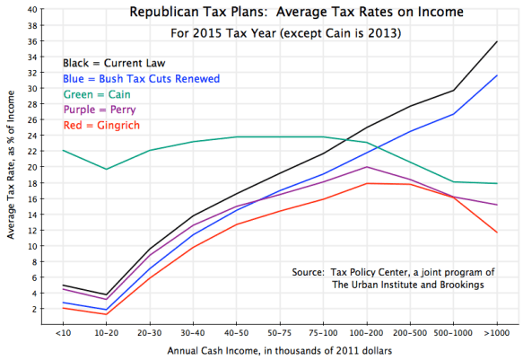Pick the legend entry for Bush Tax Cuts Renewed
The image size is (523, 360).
(x=141, y=77)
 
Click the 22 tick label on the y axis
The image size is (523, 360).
(x=32, y=151)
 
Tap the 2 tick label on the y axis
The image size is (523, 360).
(x=34, y=308)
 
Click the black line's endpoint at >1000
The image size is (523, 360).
(x=497, y=42)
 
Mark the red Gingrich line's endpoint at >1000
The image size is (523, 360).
(x=497, y=233)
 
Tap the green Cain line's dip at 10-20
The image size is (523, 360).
(x=107, y=169)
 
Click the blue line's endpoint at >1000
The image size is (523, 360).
(x=497, y=75)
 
